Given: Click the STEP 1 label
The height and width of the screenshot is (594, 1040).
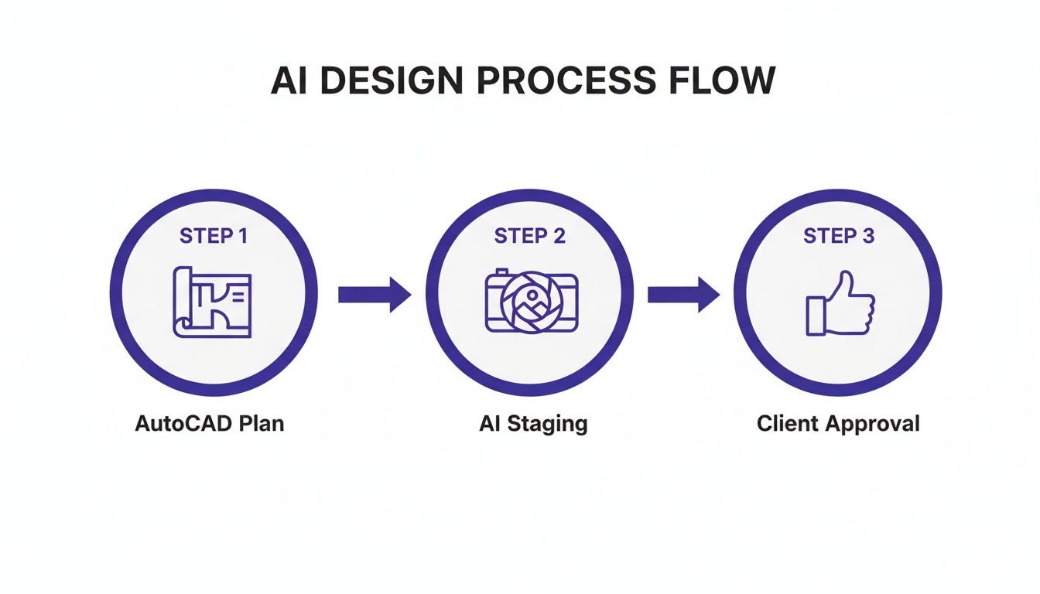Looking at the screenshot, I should click(x=214, y=236).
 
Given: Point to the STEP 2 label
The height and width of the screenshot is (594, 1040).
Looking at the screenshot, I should click(x=530, y=236).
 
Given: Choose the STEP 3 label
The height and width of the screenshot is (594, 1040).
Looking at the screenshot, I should click(x=839, y=236).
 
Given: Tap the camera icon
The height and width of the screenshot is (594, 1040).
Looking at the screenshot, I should click(x=531, y=302).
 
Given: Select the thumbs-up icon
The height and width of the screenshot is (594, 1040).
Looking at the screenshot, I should click(x=840, y=303).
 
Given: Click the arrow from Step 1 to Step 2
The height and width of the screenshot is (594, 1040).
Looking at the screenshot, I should click(x=375, y=294).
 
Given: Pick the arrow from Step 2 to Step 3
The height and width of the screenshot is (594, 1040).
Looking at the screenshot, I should click(x=683, y=294).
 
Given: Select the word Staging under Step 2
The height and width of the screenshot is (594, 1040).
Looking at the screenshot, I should click(x=546, y=424).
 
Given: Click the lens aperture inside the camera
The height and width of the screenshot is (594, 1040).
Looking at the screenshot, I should click(x=531, y=306).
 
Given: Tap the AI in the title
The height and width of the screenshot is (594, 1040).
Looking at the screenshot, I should click(x=285, y=81).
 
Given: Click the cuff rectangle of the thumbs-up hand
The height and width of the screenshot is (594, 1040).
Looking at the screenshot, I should click(x=816, y=316).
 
